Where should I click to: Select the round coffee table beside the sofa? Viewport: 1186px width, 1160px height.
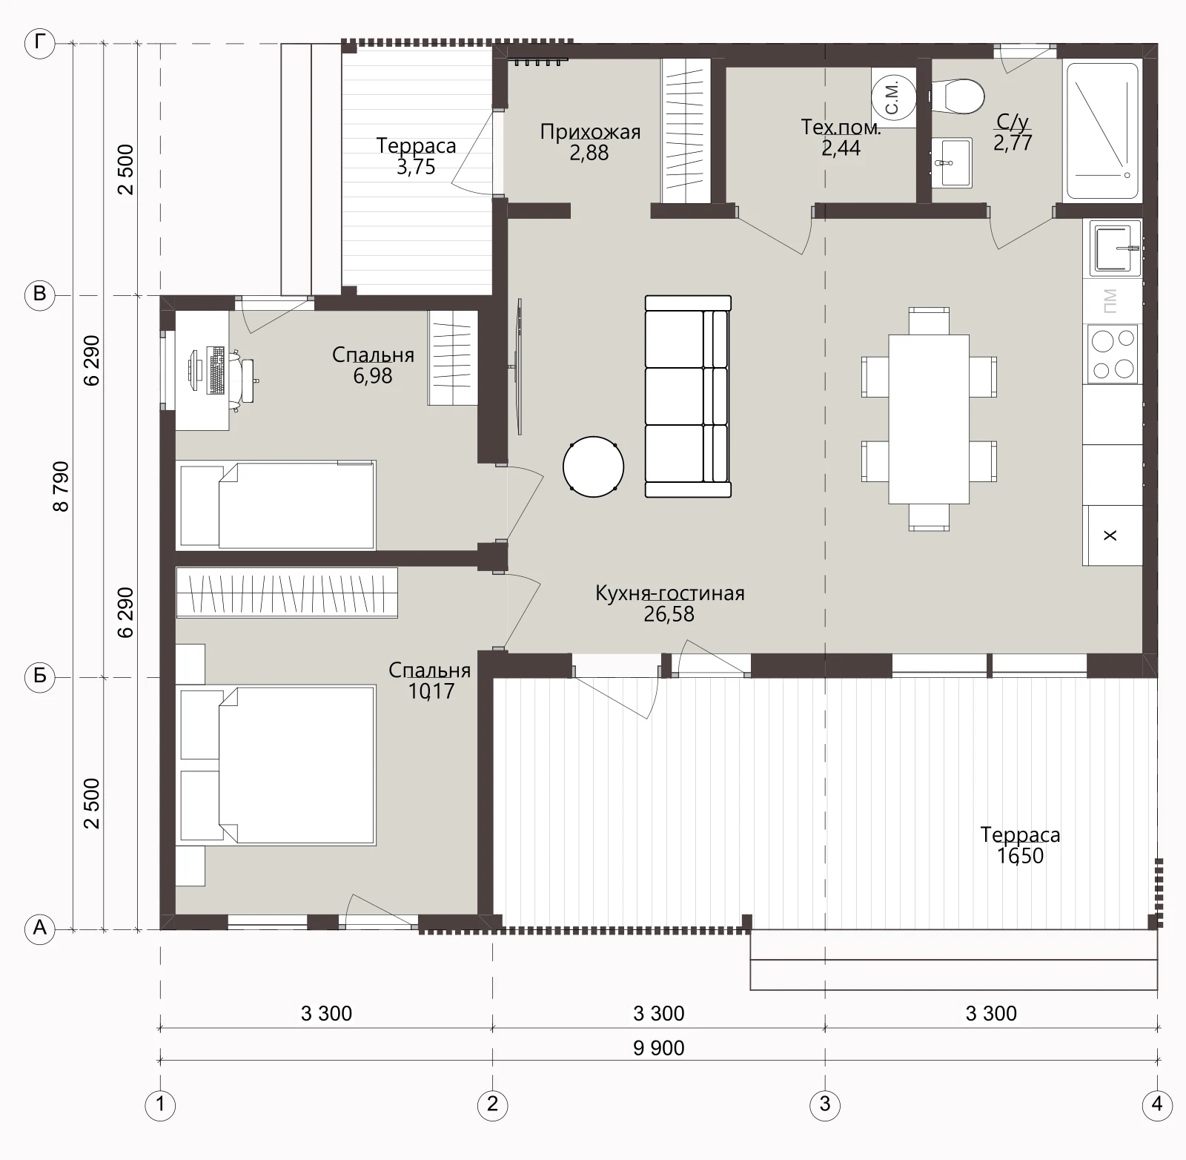coord(593,467)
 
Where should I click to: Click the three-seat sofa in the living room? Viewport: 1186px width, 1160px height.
coord(688,396)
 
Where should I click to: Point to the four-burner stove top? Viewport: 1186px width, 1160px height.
coord(1112,354)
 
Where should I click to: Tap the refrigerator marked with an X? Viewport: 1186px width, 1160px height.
coord(1112,535)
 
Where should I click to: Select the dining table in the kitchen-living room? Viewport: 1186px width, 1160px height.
coord(929,419)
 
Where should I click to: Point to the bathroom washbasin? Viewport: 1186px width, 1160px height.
coord(951,162)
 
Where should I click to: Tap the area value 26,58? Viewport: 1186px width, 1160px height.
coord(669,614)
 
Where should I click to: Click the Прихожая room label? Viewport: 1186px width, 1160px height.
coord(590,132)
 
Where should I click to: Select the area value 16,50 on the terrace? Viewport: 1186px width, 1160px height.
coord(1020,856)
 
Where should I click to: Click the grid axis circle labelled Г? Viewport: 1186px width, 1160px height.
coord(40,45)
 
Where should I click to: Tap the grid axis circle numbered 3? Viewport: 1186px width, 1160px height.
coord(824,1105)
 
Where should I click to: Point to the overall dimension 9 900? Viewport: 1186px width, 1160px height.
coord(659,1048)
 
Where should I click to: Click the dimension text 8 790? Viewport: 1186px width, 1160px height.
coord(61,487)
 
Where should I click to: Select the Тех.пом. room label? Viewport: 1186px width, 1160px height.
coord(841,128)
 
